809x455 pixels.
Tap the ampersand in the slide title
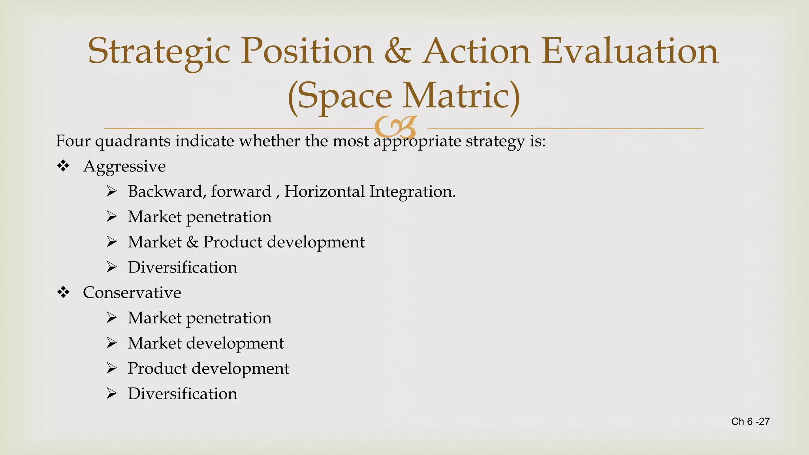click(x=397, y=51)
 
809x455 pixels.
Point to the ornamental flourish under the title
click(x=395, y=127)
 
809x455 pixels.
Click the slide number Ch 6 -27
click(x=750, y=421)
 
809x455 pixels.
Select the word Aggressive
click(x=124, y=166)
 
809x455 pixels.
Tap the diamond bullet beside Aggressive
click(x=63, y=166)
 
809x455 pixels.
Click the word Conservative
click(x=132, y=293)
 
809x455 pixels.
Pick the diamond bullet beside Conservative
click(x=63, y=292)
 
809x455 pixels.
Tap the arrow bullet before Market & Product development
click(x=111, y=242)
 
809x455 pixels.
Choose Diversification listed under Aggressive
click(x=182, y=267)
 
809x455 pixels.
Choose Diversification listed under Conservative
click(x=182, y=394)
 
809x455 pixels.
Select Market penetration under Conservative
click(x=199, y=318)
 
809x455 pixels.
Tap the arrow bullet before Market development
click(x=111, y=343)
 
